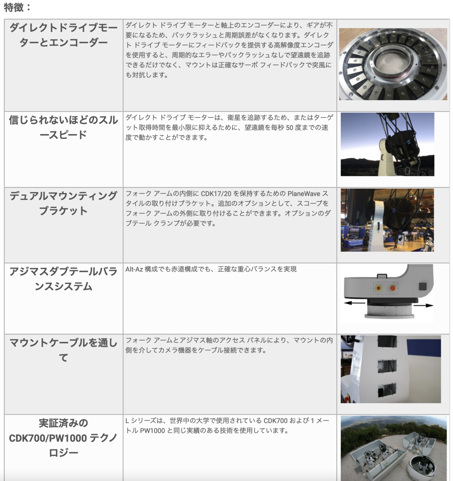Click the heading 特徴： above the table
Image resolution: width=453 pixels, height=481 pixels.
point(17,7)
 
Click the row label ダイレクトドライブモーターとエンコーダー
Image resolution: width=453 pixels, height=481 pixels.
point(63,35)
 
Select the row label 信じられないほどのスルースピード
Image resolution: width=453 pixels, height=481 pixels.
point(63,127)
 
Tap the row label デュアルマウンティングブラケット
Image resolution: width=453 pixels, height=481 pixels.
point(63,203)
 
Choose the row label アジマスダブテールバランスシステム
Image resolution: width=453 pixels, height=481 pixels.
point(63,279)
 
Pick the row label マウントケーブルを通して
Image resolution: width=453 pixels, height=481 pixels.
point(63,350)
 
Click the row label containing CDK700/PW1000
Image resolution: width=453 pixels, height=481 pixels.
point(63,438)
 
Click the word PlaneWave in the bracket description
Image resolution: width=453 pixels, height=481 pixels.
point(304,194)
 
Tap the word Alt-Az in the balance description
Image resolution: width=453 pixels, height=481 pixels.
point(134,269)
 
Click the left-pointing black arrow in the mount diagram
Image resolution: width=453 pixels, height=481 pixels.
point(354,303)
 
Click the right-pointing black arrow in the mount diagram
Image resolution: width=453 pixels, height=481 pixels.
point(423,305)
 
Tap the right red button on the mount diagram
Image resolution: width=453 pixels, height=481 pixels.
point(393,288)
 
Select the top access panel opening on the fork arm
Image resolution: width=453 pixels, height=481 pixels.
point(387,342)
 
